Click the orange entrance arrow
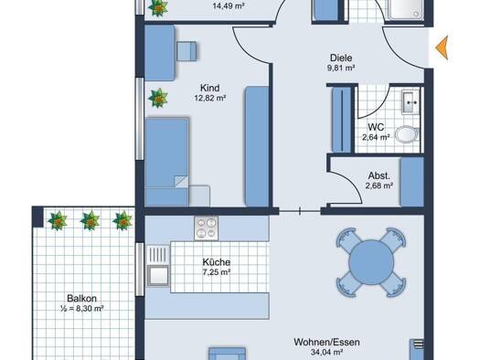443,48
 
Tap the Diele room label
341,58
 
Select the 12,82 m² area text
210,98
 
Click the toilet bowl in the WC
407,134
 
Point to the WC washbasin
411,102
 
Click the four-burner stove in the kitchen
207,228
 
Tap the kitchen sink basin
158,275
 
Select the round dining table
371,262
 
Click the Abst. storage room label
379,175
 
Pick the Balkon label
81,298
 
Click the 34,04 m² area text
326,353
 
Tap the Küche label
217,262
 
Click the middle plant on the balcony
90,220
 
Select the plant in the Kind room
158,98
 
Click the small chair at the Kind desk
187,51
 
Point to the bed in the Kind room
166,162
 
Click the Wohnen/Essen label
326,342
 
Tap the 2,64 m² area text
376,138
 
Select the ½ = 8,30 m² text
81,308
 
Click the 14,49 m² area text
229,6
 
